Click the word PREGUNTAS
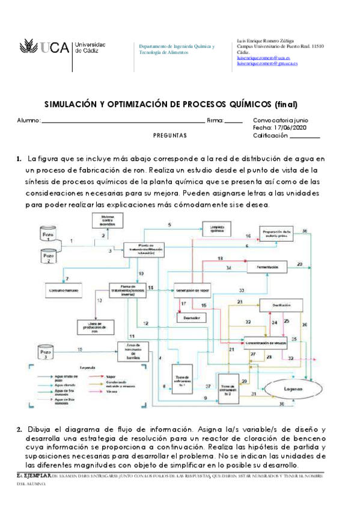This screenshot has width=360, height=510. (x=171, y=135)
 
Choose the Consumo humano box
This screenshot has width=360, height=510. (x=64, y=291)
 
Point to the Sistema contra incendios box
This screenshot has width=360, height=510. (x=108, y=220)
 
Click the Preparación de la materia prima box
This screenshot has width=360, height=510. (x=278, y=233)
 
